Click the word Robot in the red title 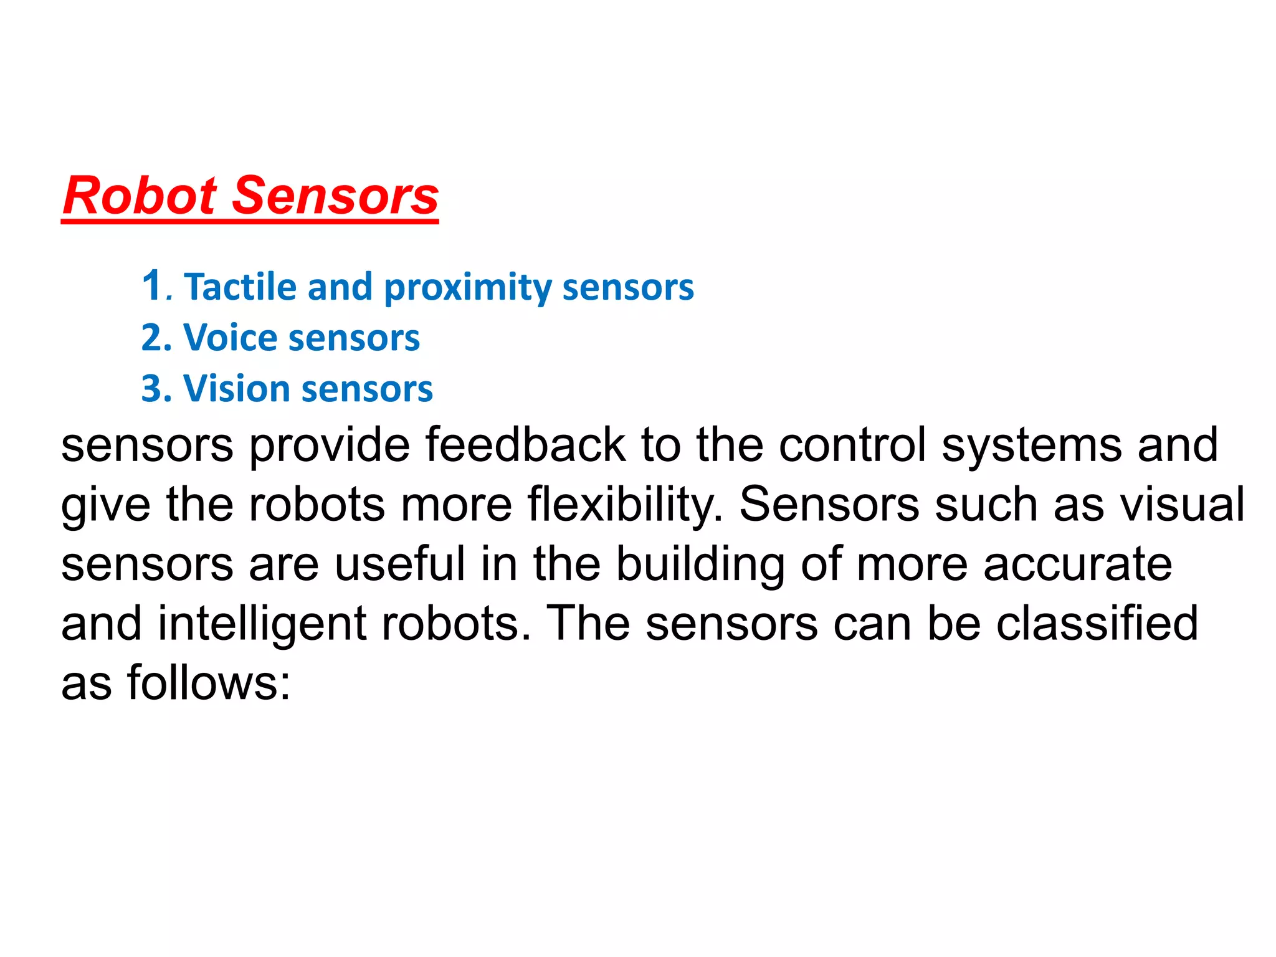[140, 196]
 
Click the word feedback [525, 445]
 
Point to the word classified [1097, 624]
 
